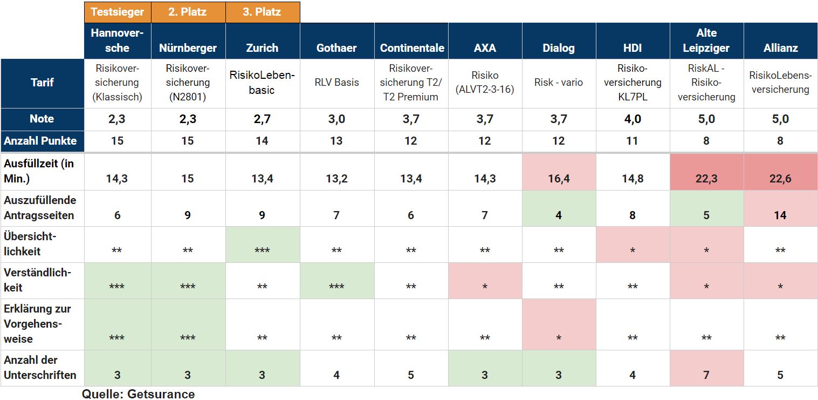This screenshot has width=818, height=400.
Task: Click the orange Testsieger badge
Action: click(118, 12)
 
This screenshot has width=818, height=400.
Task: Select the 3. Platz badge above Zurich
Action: click(262, 12)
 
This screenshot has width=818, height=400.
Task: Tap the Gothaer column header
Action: click(336, 48)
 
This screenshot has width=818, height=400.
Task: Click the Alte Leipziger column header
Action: click(706, 40)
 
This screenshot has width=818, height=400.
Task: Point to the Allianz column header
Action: click(780, 48)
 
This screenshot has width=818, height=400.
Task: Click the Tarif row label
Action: click(42, 83)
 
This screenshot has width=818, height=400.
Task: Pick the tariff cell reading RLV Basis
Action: click(336, 83)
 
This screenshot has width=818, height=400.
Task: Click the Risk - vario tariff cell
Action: click(559, 83)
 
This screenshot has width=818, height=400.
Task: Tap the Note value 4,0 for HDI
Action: click(633, 119)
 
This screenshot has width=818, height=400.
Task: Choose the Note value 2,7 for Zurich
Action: click(262, 119)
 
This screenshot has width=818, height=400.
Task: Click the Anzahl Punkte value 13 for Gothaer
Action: click(336, 141)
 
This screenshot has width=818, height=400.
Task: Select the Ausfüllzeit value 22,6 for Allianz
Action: click(780, 179)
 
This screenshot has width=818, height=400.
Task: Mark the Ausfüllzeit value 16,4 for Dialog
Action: click(559, 179)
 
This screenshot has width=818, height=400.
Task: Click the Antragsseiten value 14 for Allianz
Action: click(780, 215)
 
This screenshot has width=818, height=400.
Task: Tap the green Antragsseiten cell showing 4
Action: click(559, 215)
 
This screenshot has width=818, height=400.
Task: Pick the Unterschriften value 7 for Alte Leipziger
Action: click(706, 375)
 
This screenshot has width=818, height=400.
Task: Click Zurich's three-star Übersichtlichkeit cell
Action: click(262, 250)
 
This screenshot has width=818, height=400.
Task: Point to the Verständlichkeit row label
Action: click(38, 280)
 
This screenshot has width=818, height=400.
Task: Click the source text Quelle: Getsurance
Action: click(138, 394)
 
